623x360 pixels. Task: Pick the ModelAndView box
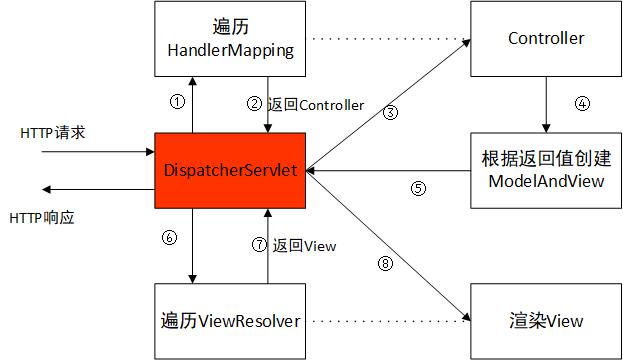(x=546, y=169)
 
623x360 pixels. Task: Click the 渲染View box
(x=546, y=321)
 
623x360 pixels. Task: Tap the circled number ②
(x=256, y=104)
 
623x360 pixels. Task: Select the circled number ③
(x=391, y=113)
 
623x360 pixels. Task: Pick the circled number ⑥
(x=169, y=238)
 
